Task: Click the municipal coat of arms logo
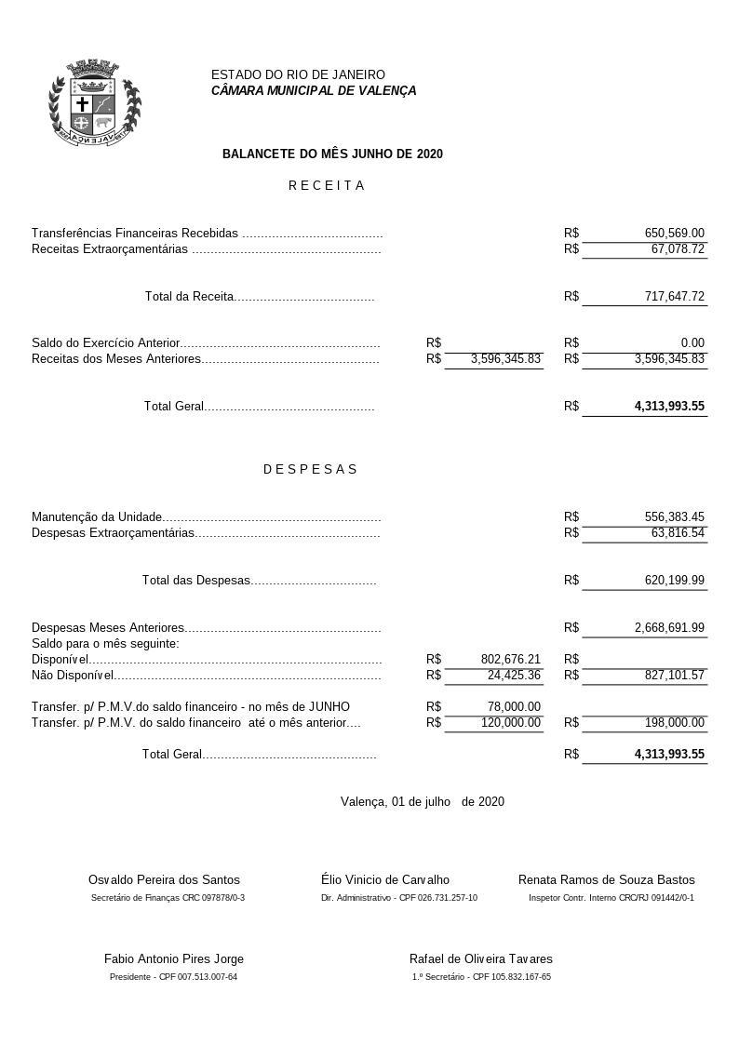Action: click(94, 102)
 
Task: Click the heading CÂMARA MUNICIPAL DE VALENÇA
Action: click(314, 91)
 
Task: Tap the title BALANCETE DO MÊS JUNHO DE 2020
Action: click(332, 154)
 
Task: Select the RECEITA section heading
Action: click(327, 185)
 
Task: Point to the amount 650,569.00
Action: click(674, 234)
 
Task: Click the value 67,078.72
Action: click(678, 249)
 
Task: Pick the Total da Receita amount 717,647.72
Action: click(674, 297)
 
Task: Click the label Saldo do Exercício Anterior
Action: click(105, 343)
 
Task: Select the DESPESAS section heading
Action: click(311, 469)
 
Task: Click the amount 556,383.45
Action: click(674, 517)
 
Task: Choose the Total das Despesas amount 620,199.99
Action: click(674, 581)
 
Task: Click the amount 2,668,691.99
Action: click(669, 628)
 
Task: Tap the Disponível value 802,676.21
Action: click(510, 660)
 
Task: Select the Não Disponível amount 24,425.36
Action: click(514, 676)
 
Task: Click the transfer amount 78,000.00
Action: click(514, 707)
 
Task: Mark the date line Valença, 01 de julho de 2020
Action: click(423, 801)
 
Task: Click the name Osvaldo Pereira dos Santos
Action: click(164, 880)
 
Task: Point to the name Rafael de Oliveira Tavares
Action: click(480, 959)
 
